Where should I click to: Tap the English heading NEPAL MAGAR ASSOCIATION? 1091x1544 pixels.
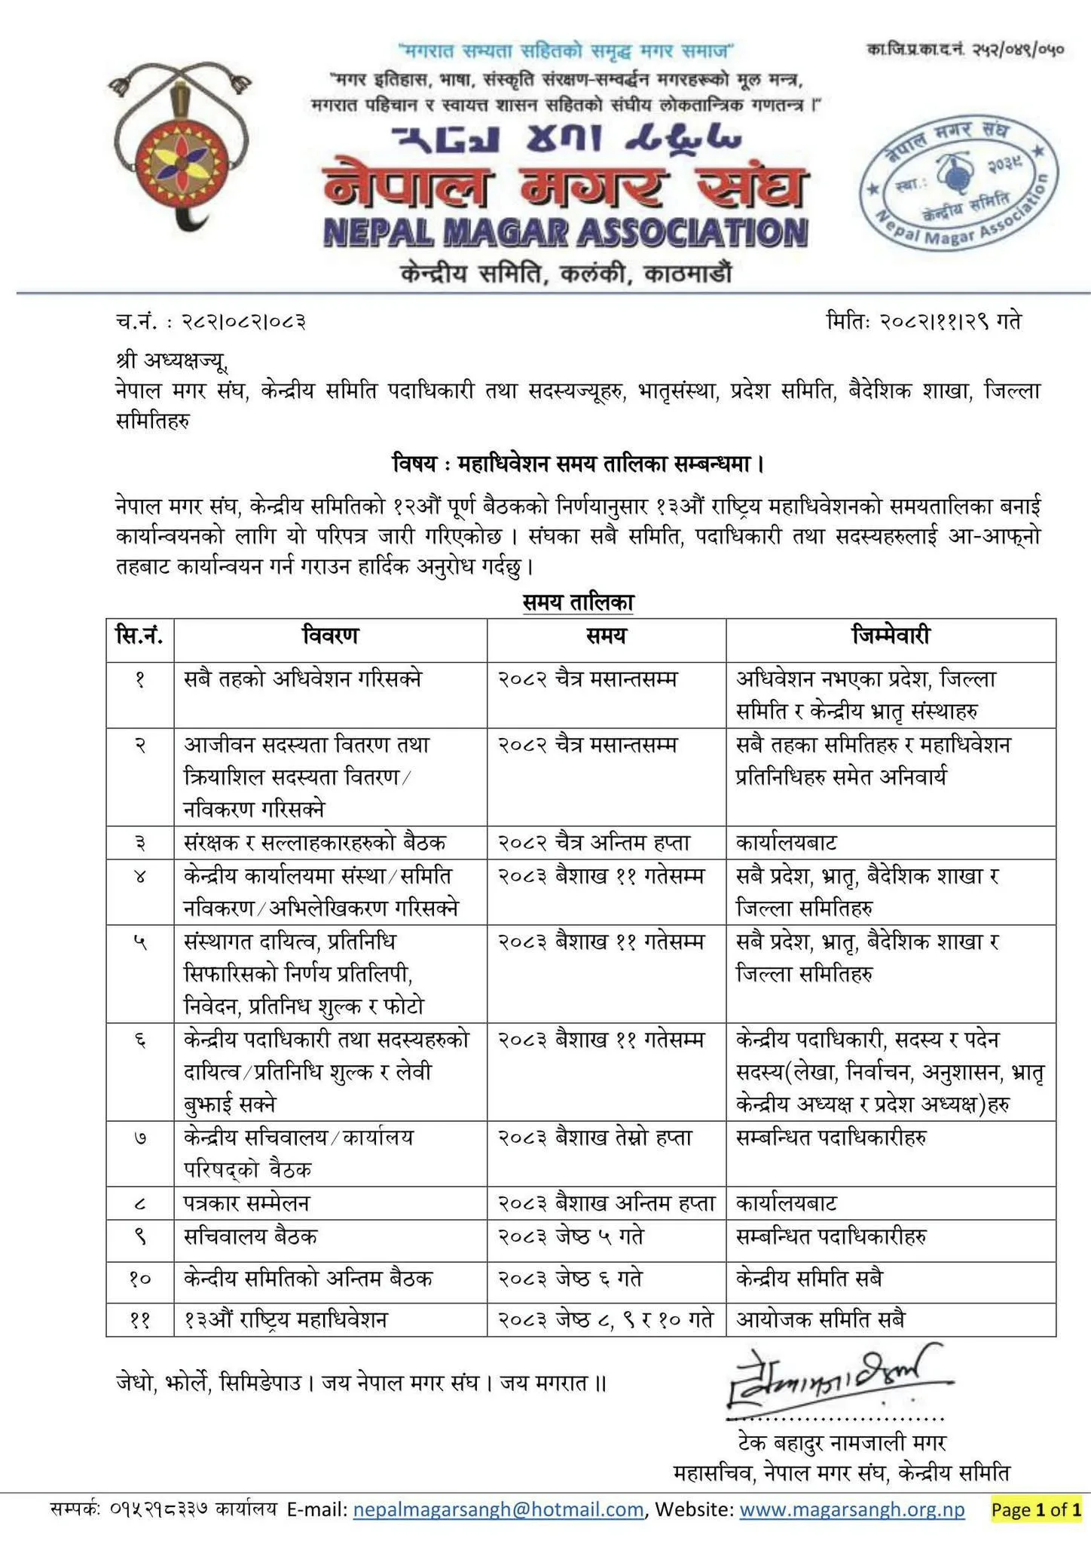[x=566, y=233]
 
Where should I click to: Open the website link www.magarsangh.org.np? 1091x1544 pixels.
[x=852, y=1509]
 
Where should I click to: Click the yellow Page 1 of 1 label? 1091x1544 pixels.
[x=1037, y=1509]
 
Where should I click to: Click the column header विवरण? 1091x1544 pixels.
[x=330, y=636]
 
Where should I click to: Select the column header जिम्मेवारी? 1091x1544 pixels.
[x=891, y=636]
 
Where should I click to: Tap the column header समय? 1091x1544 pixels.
[x=606, y=636]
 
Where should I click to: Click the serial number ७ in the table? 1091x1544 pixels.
[x=140, y=1138]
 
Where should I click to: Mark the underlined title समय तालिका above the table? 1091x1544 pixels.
[x=579, y=602]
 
